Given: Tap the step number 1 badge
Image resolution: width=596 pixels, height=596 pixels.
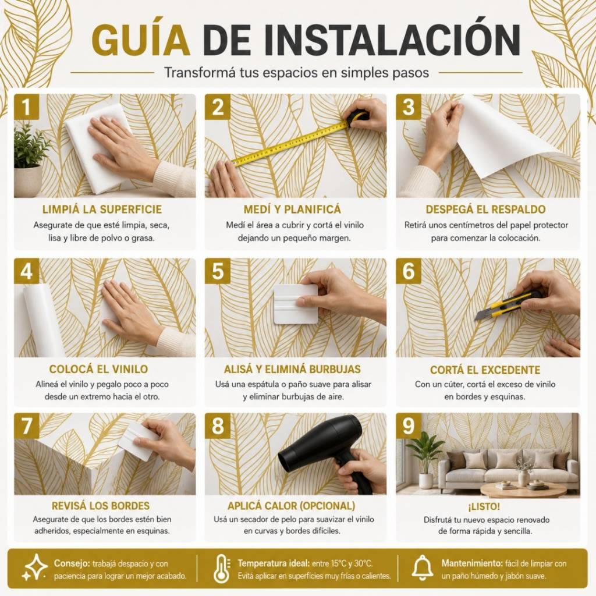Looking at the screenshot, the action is tap(26, 107).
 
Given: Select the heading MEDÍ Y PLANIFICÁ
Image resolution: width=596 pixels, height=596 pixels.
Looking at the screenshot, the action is tap(292, 210).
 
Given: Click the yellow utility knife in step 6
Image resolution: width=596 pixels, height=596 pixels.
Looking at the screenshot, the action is tap(509, 304).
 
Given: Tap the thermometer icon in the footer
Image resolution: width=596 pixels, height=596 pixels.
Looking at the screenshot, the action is tap(222, 569).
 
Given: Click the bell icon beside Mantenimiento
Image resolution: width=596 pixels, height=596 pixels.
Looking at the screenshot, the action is tap(423, 568).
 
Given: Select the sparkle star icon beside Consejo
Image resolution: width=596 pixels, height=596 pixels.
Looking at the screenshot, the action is tap(34, 567).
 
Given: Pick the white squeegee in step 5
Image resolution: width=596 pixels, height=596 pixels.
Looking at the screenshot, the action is tap(296, 304).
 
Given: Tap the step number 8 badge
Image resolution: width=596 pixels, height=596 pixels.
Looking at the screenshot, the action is tap(218, 425).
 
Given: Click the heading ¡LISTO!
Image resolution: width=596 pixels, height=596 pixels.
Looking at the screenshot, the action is tap(484, 506).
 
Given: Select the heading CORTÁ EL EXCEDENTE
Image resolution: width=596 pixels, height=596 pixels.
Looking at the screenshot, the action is tap(485, 370).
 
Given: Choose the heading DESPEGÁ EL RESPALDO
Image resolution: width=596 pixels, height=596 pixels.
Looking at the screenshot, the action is tap(485, 210).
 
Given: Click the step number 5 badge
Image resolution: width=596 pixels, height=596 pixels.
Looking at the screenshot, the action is tap(218, 271).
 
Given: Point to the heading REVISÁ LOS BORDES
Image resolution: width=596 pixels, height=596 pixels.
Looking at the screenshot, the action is tap(101, 506).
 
